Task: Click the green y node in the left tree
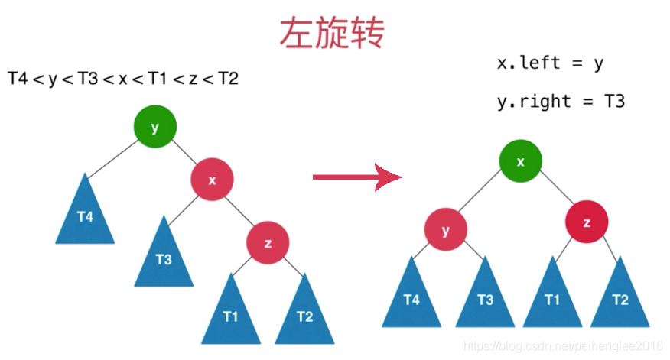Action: (x=155, y=128)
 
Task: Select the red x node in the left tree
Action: (x=212, y=180)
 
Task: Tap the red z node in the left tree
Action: (x=268, y=243)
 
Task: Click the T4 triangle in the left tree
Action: (x=85, y=214)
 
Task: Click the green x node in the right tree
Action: (x=521, y=161)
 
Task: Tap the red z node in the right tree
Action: (x=587, y=222)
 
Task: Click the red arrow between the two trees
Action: (x=356, y=177)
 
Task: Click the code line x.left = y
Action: (x=551, y=63)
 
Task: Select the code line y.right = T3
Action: (x=561, y=100)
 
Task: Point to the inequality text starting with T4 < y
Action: (x=123, y=79)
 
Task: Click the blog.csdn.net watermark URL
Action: (x=566, y=347)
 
